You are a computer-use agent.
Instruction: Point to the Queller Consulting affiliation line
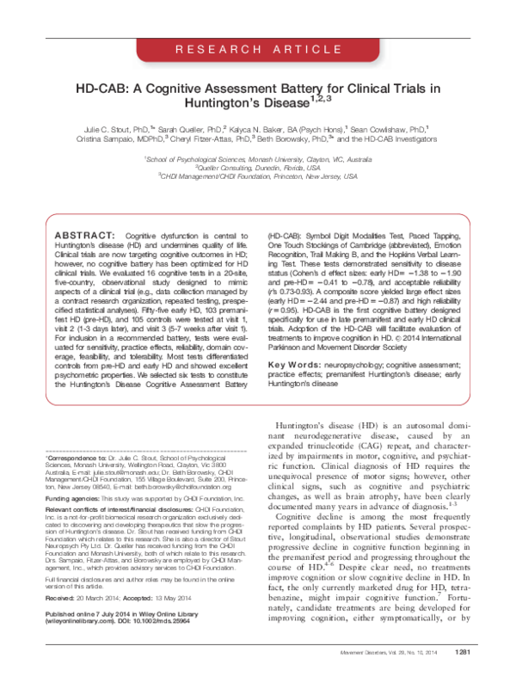[258, 167]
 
